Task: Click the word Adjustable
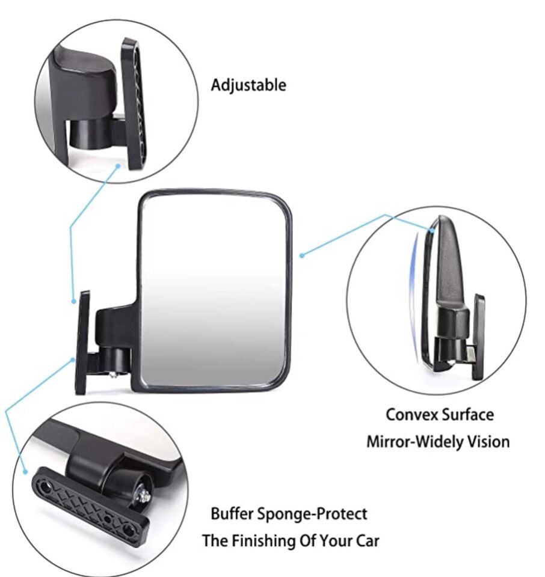click(248, 85)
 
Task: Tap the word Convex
click(411, 414)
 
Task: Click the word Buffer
click(232, 514)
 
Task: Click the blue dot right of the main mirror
click(302, 255)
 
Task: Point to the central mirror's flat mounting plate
click(82, 343)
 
